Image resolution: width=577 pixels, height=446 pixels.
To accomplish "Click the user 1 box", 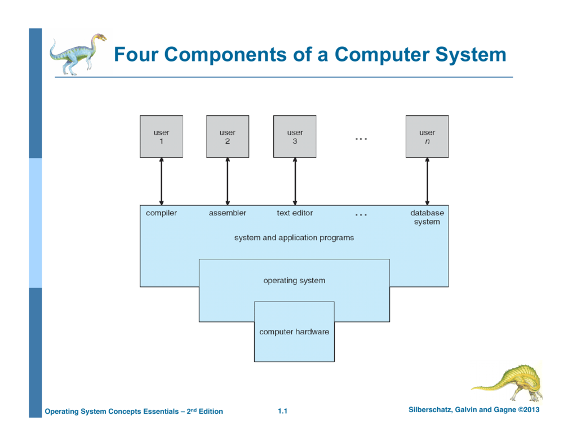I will tap(161, 136).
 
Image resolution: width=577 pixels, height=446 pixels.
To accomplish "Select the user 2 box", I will tap(228, 136).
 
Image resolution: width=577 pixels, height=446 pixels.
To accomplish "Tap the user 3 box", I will tap(295, 136).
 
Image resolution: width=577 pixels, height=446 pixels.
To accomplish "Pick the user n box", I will tap(427, 136).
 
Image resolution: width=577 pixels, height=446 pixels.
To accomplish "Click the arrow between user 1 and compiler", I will tap(161, 181).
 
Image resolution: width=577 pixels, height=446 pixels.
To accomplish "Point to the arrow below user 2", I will tap(228, 181).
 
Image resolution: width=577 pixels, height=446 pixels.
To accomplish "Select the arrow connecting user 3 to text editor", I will tap(295, 181).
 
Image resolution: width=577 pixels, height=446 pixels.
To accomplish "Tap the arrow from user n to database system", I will tap(427, 181).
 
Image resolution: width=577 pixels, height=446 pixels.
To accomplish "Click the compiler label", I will tap(161, 213).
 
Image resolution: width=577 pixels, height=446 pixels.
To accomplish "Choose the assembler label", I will tap(228, 213).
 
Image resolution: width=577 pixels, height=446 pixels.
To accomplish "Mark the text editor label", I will tap(295, 213).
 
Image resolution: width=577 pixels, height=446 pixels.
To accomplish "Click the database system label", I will tap(427, 218).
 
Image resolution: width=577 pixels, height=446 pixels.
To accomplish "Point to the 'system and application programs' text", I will tap(294, 238).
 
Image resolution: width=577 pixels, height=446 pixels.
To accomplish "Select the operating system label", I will tap(294, 280).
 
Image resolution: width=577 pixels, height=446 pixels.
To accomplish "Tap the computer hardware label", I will tap(294, 332).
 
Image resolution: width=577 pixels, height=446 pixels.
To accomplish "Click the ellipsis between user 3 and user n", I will tap(361, 139).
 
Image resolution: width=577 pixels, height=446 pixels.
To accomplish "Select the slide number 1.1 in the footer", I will tap(283, 412).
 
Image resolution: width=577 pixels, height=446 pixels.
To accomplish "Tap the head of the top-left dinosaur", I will tap(99, 38).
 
